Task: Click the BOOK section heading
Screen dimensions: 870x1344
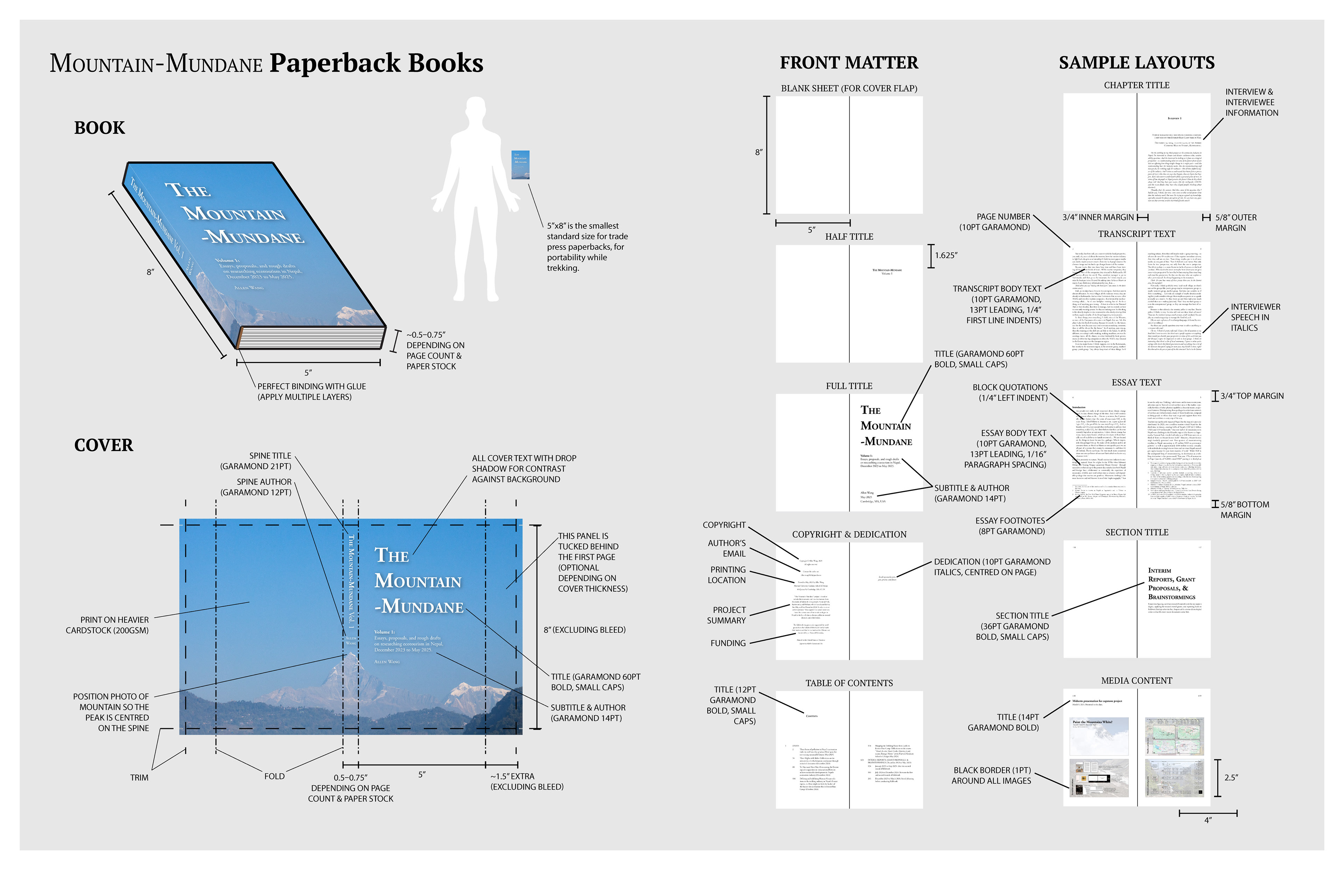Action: pos(99,128)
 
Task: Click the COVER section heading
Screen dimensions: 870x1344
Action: pos(103,445)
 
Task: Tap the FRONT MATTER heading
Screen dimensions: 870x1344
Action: pos(849,63)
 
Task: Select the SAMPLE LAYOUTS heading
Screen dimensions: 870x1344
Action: pos(1136,63)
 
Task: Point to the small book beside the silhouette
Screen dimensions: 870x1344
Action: pos(520,165)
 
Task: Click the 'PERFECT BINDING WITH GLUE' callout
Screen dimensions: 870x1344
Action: pos(312,391)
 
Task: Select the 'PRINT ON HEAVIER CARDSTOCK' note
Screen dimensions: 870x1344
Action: pos(107,625)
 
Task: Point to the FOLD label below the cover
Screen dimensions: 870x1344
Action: pos(274,776)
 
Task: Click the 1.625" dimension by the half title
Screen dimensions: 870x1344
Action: pos(946,255)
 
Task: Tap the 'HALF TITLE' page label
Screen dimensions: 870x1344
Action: pos(849,237)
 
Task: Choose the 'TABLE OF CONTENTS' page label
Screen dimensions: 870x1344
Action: pos(849,683)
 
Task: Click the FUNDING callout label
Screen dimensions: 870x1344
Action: pos(728,643)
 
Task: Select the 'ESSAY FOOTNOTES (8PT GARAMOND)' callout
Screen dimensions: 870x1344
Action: pos(1010,526)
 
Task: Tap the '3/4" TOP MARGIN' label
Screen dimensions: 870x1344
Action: pos(1251,396)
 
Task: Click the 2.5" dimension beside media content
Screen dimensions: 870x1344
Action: pos(1231,777)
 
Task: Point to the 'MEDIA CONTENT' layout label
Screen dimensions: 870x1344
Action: pos(1136,681)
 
